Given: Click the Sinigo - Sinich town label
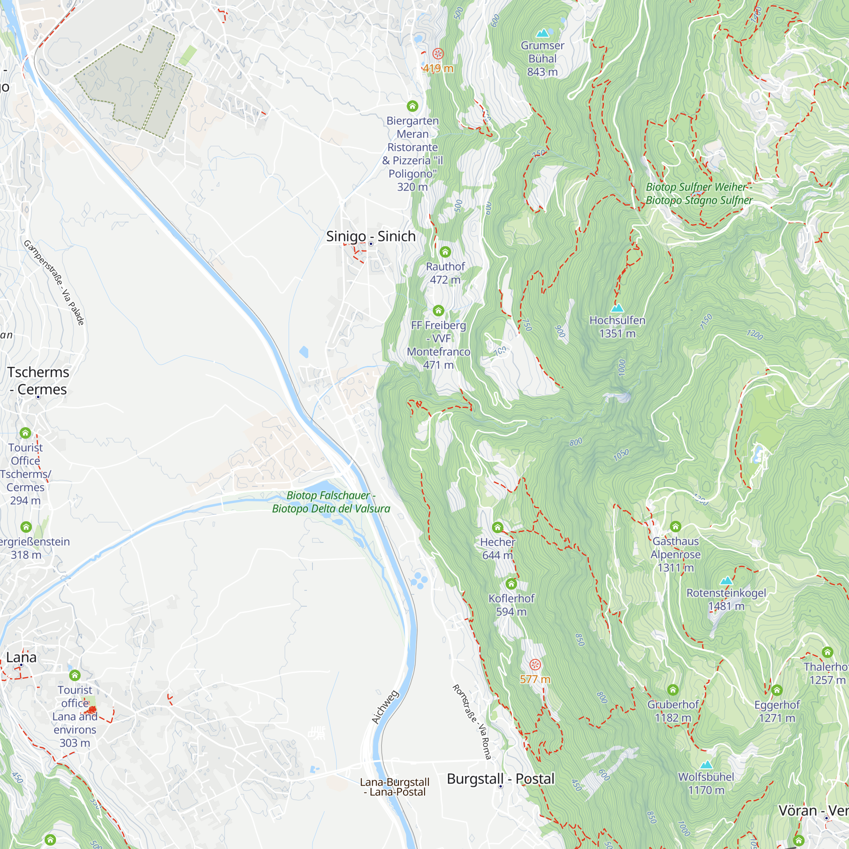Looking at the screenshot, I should coord(371,236).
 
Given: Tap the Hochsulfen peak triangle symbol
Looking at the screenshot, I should coord(617,308).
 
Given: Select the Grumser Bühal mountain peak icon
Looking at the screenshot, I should coord(543,33).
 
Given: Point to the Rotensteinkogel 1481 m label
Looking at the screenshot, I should coord(726,599).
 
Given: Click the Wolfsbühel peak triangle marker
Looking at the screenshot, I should coord(706,765).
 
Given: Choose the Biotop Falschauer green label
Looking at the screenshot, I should coord(331,502).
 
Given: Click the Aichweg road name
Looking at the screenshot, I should coord(385,707).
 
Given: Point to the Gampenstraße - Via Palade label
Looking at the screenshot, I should coord(53,283).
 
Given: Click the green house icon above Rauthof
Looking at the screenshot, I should coord(445,252).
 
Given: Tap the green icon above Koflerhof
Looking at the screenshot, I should coord(511,584).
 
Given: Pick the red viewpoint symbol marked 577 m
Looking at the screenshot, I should coord(535,664).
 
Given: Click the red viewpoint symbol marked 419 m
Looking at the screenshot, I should coord(438,54).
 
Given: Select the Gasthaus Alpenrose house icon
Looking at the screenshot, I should coord(675,526).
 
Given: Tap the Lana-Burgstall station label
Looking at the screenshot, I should coord(395,787).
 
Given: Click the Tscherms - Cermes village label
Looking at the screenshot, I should coord(38,380).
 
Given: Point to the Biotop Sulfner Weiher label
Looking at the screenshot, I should coord(699,193).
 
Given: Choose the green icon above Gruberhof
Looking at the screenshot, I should coord(673,690).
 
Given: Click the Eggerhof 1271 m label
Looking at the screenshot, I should coord(776,711).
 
